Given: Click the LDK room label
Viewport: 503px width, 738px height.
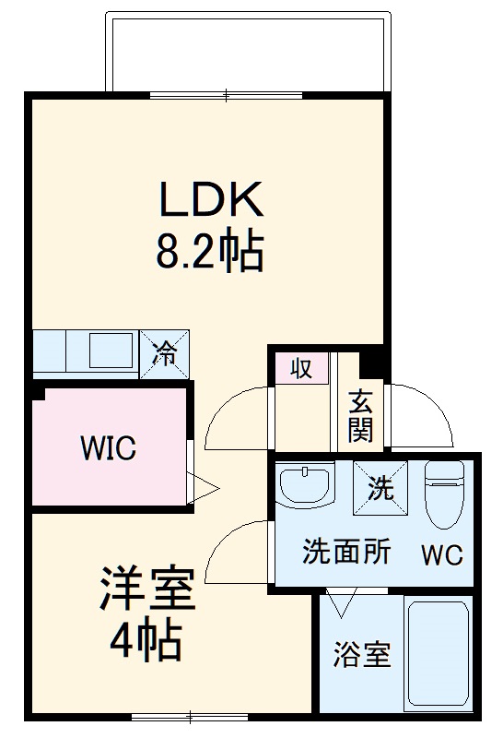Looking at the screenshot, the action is coord(212,198).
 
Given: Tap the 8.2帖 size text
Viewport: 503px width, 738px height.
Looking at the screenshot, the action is coord(209,249).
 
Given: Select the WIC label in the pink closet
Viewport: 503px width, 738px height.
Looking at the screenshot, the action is coord(109,448).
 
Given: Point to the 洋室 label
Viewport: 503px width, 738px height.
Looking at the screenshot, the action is coord(147,588).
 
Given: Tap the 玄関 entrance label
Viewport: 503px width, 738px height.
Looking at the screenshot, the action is coord(360,416).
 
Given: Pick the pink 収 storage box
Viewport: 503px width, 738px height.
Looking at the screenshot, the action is coord(301,367).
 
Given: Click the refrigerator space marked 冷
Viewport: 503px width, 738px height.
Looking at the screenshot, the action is coord(165,354).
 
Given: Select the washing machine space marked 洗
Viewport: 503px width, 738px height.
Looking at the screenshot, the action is coord(380,488).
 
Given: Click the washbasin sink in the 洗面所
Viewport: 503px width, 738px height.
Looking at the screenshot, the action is coord(305,483).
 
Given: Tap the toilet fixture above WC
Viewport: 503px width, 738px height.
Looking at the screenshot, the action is coord(445,494).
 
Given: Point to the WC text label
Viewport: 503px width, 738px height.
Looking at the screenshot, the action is coord(442,555).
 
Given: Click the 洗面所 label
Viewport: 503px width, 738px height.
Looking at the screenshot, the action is coord(346,551).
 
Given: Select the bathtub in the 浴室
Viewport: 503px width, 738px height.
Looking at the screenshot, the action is coord(439,653).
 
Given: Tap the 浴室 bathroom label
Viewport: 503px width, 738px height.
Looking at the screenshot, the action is coord(362,655).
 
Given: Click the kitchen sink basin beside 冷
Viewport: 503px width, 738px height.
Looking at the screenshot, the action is coord(111,351).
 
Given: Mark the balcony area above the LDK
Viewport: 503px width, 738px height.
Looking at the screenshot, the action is coord(248,52).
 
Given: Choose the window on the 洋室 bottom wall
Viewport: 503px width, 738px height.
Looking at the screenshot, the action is coord(190,718).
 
